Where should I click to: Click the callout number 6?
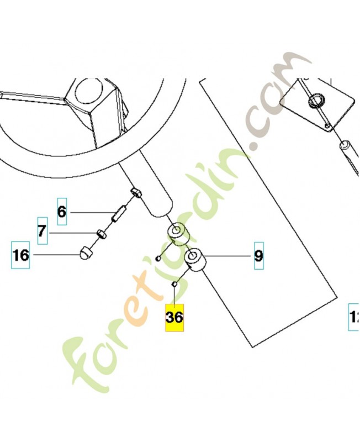click(61, 211)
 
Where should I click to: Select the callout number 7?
click(42, 231)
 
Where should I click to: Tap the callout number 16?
click(21, 255)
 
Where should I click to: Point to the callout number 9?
click(258, 256)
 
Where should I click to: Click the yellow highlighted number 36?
click(174, 318)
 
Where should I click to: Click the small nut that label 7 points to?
click(102, 234)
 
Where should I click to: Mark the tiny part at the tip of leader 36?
click(173, 284)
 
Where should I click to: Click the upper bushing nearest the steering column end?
click(178, 233)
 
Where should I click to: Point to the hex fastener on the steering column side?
click(137, 193)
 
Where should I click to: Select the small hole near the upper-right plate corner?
click(329, 128)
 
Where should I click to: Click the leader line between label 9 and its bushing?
click(229, 256)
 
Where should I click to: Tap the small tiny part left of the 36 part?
click(158, 258)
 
